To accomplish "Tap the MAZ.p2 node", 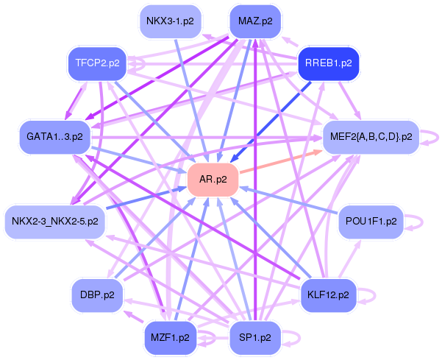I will coord(255,21).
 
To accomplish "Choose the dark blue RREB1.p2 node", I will coord(328,63).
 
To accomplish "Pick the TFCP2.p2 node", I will coord(97,63).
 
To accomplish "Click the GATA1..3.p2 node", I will coord(54,137).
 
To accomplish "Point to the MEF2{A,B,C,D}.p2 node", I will coord(371,137).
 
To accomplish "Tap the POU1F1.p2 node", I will coord(371,221).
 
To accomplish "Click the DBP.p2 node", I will coord(97,295).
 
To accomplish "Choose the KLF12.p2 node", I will coord(328,295).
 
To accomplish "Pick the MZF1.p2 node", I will coord(170,338).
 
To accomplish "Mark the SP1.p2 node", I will coord(255,338).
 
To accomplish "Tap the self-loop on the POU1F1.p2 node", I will coord(419,221).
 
